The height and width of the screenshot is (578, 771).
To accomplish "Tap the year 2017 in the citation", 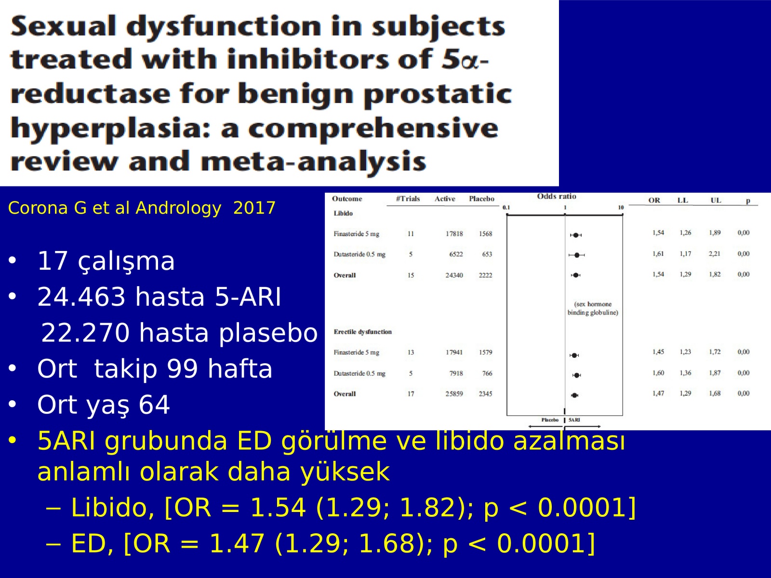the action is pyautogui.click(x=254, y=208).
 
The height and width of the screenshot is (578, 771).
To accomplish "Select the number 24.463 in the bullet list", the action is pyautogui.click(x=81, y=297).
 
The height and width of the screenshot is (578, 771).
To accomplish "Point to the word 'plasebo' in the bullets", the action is pyautogui.click(x=268, y=333).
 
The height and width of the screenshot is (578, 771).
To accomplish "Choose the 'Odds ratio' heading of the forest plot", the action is pyautogui.click(x=557, y=197).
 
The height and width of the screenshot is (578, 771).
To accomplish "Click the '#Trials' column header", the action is pyautogui.click(x=408, y=198).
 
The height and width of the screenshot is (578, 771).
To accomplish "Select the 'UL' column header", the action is pyautogui.click(x=716, y=200).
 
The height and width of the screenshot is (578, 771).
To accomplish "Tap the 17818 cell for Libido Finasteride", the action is pyautogui.click(x=454, y=234).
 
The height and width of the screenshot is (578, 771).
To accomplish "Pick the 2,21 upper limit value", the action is pyautogui.click(x=714, y=254).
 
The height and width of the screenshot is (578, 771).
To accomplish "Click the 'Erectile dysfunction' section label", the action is pyautogui.click(x=362, y=332).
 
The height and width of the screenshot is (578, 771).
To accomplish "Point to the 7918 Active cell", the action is pyautogui.click(x=456, y=373).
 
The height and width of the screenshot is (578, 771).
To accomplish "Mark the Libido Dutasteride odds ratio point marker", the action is pyautogui.click(x=577, y=255).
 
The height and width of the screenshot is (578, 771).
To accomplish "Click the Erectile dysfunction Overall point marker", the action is pyautogui.click(x=575, y=395).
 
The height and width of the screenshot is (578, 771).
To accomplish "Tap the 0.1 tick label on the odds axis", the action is pyautogui.click(x=506, y=208).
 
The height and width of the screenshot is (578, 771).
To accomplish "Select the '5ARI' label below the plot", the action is pyautogui.click(x=574, y=420).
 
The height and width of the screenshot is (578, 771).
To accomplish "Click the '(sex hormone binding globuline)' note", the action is pyautogui.click(x=593, y=308).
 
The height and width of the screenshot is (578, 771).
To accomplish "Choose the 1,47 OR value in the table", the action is pyautogui.click(x=658, y=394).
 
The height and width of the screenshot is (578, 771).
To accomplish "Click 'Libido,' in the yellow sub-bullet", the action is pyautogui.click(x=112, y=508).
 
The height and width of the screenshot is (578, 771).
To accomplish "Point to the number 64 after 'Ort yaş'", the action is pyautogui.click(x=154, y=405).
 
